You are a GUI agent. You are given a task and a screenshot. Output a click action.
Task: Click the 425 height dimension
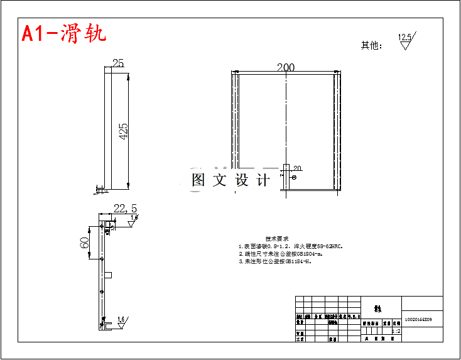pos(123,131)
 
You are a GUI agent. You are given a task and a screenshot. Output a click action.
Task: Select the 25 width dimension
pos(117,63)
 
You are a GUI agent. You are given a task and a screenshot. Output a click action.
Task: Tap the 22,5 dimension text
pos(125,209)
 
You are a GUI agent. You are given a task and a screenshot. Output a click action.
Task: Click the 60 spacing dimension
pos(84,243)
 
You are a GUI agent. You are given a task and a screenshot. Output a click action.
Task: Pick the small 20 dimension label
pos(297,168)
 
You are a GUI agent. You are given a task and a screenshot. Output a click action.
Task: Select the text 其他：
pos(371,45)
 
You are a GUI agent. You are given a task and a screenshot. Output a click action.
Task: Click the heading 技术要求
pos(277,239)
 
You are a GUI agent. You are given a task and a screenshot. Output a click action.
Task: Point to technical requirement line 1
pos(290,247)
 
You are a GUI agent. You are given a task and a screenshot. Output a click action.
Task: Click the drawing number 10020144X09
pos(418,320)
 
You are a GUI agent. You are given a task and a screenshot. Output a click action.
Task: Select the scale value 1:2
pos(396,330)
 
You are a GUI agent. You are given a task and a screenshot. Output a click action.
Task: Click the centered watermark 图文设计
pos(230,180)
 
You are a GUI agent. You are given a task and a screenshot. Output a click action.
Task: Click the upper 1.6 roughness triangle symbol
pos(134,219)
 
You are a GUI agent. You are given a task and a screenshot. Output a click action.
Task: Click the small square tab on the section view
pos(109,275)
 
